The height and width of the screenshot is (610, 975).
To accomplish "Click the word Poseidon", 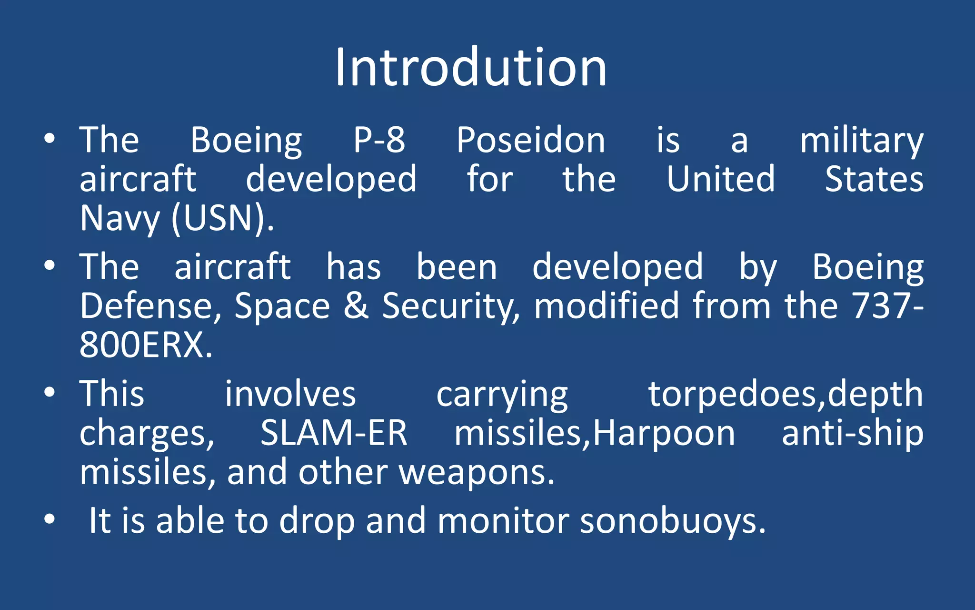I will pyautogui.click(x=530, y=141).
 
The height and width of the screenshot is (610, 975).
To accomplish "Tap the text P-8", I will pyautogui.click(x=379, y=141).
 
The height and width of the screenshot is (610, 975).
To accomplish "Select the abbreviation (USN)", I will pyautogui.click(x=222, y=218).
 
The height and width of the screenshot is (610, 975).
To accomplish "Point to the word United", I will pyautogui.click(x=720, y=179).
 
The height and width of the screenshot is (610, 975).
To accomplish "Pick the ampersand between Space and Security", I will pyautogui.click(x=356, y=305).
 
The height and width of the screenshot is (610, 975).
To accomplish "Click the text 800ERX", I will pyautogui.click(x=146, y=345).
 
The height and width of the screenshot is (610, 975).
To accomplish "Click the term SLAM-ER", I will pyautogui.click(x=334, y=433).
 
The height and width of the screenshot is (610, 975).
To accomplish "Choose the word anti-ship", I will pyautogui.click(x=852, y=434).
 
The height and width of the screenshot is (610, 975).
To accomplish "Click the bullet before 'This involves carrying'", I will pyautogui.click(x=50, y=393).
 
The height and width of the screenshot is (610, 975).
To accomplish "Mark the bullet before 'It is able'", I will pyautogui.click(x=50, y=520).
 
